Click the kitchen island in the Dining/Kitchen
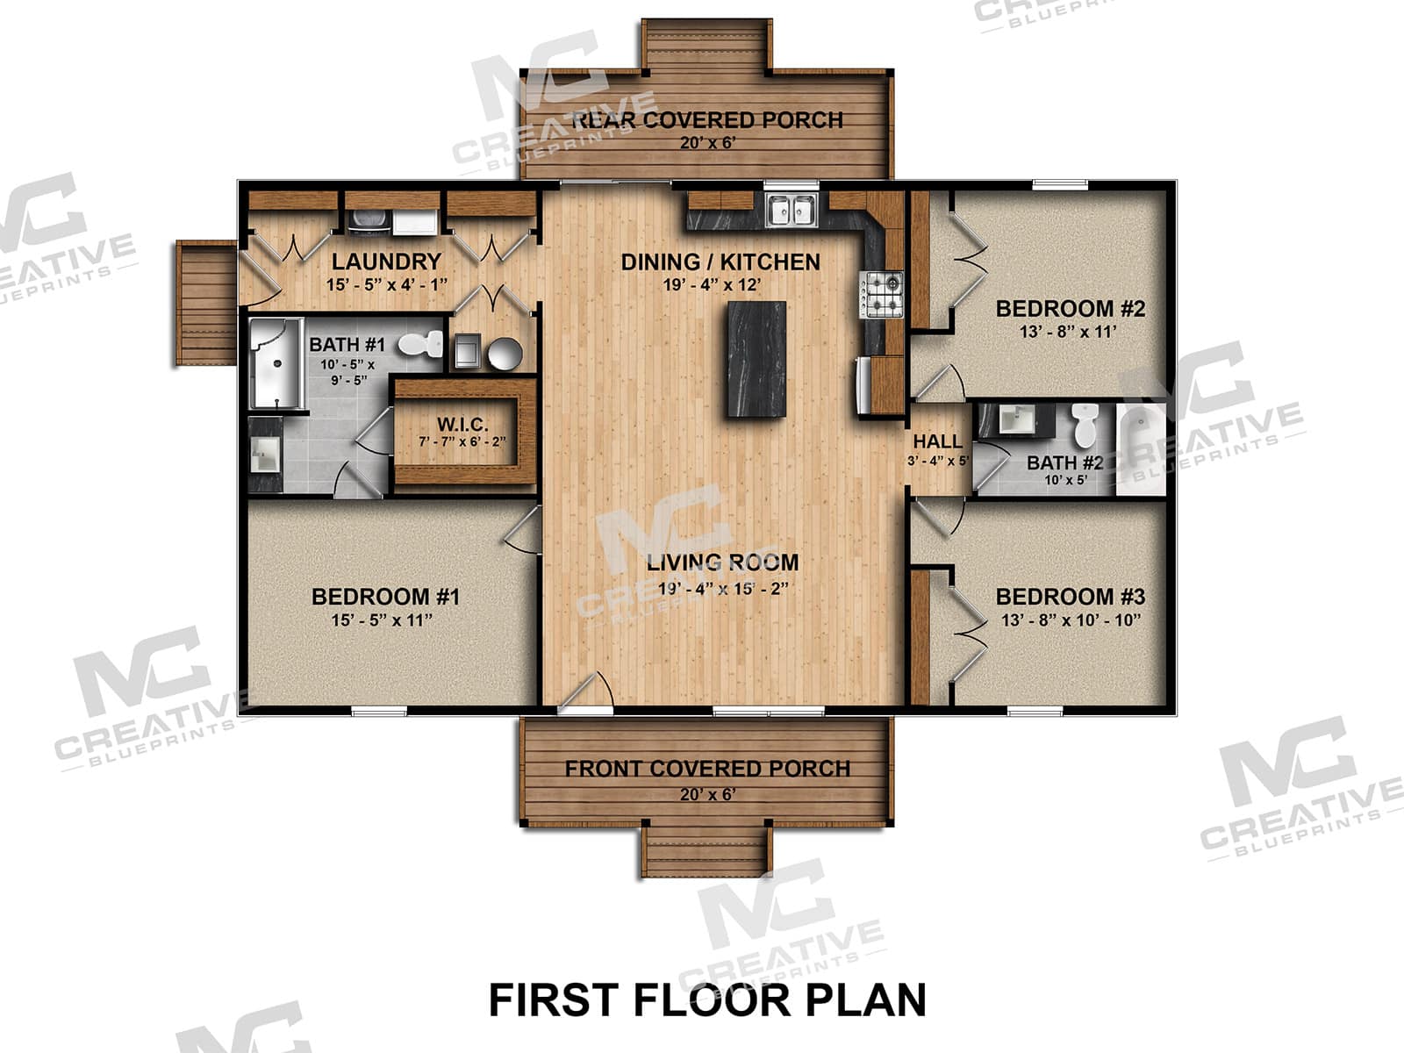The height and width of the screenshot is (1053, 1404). (756, 359)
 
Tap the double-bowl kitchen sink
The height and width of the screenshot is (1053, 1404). (792, 211)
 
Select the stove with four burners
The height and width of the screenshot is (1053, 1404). (882, 294)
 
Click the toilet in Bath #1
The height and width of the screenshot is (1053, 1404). (421, 344)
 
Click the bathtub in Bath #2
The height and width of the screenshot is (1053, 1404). (1140, 449)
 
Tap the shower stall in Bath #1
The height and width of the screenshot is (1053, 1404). (276, 363)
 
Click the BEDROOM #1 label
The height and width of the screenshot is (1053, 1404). (385, 597)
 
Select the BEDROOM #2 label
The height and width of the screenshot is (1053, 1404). (1070, 309)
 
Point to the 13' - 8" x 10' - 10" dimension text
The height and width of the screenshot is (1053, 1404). (1071, 620)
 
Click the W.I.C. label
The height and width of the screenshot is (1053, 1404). (462, 425)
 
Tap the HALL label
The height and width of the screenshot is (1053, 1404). (937, 441)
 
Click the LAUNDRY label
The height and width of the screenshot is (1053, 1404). (386, 261)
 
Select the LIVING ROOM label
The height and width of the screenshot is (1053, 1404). (723, 562)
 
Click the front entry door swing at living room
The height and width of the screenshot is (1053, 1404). (586, 690)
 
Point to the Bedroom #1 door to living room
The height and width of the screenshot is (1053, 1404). (524, 531)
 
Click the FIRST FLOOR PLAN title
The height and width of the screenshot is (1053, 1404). (706, 1000)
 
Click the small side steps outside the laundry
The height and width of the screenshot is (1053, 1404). (205, 303)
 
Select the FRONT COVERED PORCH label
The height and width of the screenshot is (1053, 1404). (707, 769)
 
